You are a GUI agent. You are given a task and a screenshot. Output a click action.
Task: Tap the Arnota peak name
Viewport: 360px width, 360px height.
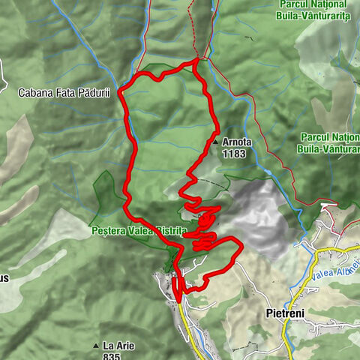(x=237, y=141)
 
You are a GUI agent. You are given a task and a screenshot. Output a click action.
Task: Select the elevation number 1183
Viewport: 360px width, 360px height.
(x=234, y=152)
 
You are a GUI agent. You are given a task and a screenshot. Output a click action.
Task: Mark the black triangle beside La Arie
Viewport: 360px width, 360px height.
(x=96, y=346)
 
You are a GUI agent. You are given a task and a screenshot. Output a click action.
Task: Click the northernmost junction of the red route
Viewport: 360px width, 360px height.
(x=197, y=59)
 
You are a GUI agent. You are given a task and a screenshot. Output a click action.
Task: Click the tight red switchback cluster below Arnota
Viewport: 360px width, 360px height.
(x=205, y=221)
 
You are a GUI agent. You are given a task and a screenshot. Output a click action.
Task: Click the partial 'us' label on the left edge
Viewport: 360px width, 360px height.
(x=4, y=278)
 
